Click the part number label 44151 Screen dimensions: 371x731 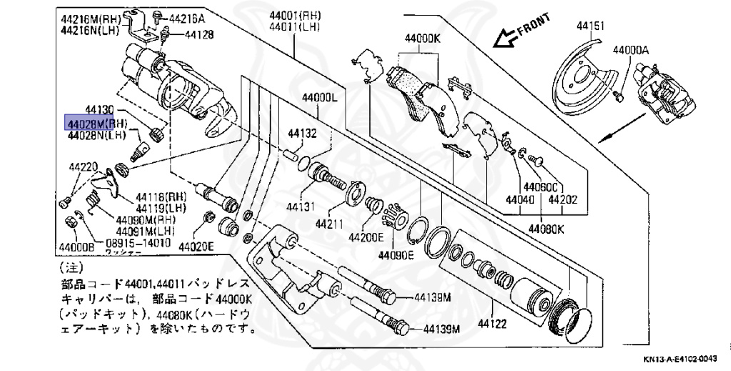click(591, 26)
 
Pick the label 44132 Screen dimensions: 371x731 click(303, 133)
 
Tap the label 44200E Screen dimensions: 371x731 click(366, 237)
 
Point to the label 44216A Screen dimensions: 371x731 click(188, 18)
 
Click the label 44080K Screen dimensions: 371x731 click(547, 229)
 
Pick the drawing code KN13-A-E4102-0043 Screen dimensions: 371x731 click(682, 360)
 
